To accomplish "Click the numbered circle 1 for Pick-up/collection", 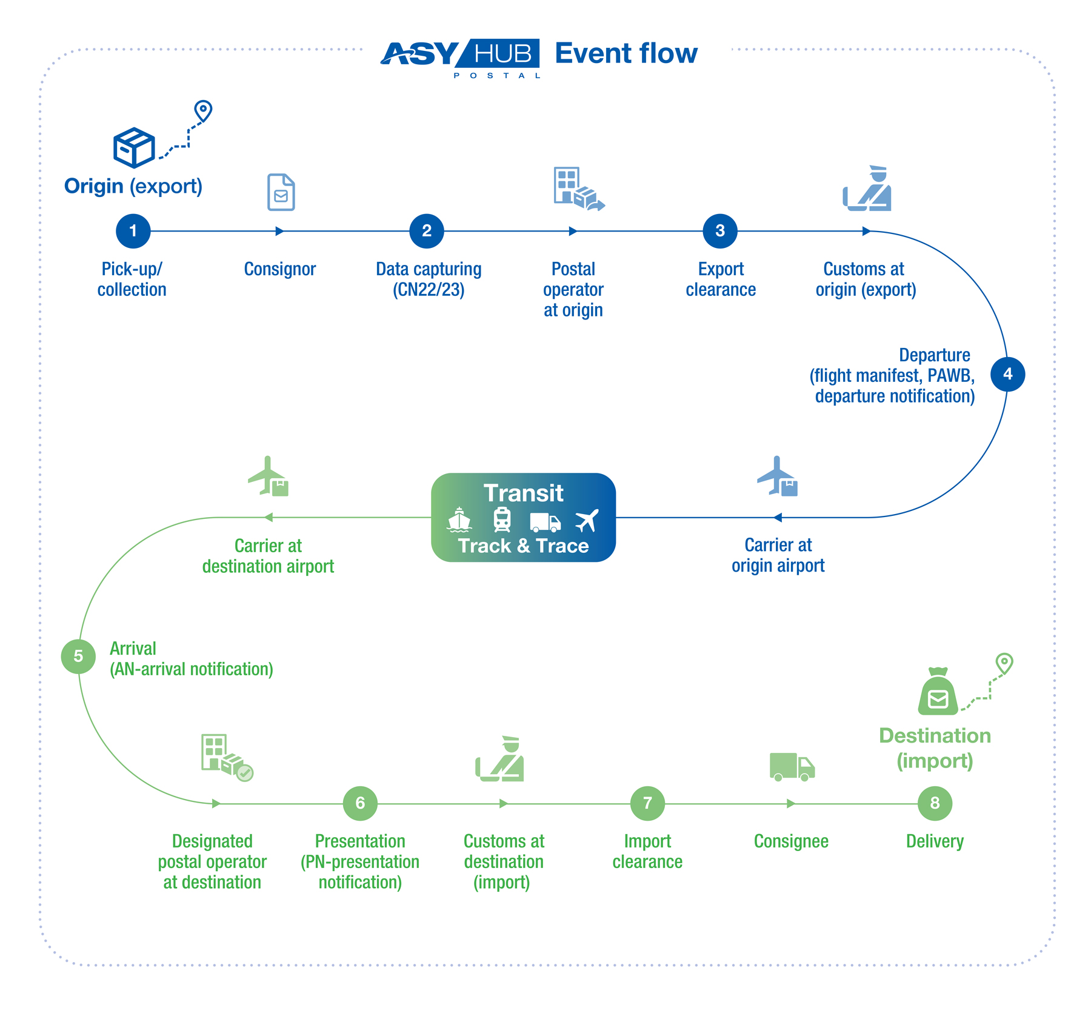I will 133,231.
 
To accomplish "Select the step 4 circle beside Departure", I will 1007,374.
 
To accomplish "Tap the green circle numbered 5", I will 78,656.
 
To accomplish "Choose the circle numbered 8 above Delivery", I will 935,803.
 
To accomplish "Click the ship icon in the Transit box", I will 459,520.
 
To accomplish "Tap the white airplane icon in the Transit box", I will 587,520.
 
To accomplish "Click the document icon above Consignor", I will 281,192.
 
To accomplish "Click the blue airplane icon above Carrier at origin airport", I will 778,476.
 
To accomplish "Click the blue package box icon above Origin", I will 134,147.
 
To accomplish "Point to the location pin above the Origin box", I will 203,111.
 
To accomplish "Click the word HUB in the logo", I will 502,54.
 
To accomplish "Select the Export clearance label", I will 721,279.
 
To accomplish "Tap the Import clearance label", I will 647,851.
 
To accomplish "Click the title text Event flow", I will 626,53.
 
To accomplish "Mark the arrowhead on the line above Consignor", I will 279,231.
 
